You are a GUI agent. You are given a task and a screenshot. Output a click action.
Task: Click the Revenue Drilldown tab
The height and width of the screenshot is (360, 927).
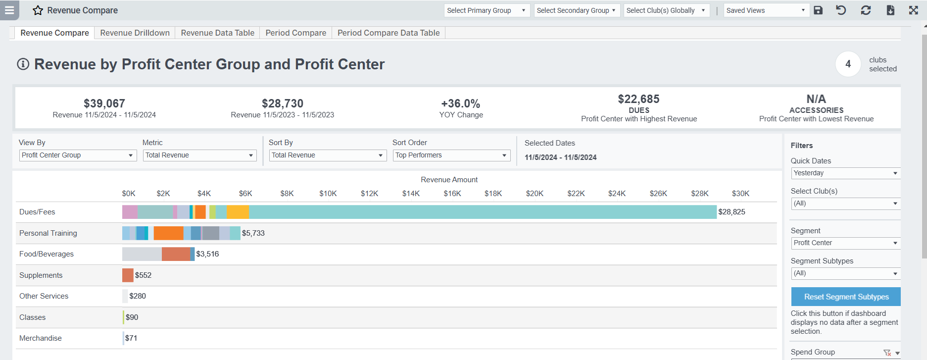(x=135, y=33)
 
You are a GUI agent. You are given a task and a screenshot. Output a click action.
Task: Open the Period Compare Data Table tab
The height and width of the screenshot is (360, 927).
(x=389, y=33)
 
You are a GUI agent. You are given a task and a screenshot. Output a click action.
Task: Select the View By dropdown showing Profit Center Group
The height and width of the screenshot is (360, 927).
(x=78, y=155)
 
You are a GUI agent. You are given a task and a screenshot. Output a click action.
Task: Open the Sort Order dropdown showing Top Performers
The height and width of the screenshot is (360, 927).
(x=451, y=155)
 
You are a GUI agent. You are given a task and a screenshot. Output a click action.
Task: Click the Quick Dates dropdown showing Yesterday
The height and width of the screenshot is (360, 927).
(x=845, y=173)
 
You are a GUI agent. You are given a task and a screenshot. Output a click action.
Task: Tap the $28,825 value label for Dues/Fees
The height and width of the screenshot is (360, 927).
(x=732, y=212)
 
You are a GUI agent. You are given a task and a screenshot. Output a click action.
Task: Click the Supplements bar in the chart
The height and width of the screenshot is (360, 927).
(x=128, y=275)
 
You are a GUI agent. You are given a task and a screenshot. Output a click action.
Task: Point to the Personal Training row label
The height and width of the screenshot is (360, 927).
(x=48, y=233)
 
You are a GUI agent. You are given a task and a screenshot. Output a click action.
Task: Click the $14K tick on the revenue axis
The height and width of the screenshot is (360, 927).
(x=411, y=194)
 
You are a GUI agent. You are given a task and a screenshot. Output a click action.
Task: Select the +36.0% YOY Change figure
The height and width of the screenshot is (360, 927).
(x=461, y=103)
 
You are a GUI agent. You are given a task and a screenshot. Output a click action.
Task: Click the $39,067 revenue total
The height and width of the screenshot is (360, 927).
(x=104, y=103)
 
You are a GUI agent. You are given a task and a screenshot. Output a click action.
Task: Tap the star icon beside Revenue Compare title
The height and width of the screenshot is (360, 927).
(x=38, y=10)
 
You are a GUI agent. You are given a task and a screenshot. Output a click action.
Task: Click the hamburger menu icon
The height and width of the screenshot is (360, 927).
(x=9, y=10)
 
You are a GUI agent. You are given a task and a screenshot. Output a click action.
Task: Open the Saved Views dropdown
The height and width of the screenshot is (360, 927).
(x=766, y=10)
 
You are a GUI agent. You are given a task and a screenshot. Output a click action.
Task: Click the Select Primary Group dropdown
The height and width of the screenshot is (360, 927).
(x=487, y=10)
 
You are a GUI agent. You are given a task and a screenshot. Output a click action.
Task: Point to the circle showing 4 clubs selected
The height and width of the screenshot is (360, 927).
(x=848, y=64)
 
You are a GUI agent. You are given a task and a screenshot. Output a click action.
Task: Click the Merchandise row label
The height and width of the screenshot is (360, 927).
(x=41, y=338)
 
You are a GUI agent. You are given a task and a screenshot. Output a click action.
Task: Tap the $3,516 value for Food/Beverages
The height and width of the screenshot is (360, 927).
(x=207, y=254)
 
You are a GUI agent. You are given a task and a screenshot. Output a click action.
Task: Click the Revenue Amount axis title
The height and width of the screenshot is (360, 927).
(x=449, y=180)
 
